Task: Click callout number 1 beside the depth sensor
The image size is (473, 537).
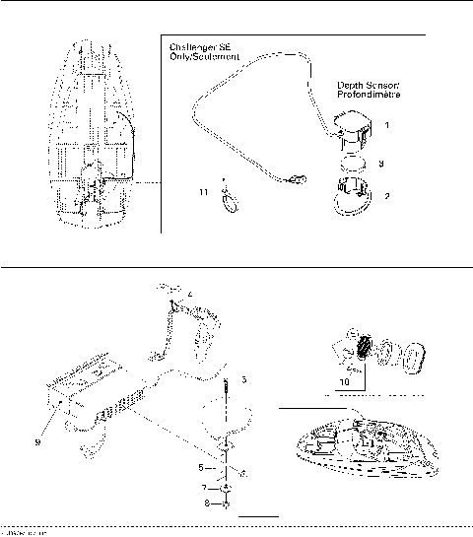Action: (x=387, y=125)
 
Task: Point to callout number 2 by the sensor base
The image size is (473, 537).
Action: (x=387, y=196)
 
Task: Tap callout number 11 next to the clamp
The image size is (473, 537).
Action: (x=204, y=192)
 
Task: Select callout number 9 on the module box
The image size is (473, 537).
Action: (x=37, y=441)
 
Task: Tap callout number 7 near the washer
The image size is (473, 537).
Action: (x=204, y=488)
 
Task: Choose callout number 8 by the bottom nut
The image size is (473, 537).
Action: (x=204, y=504)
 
